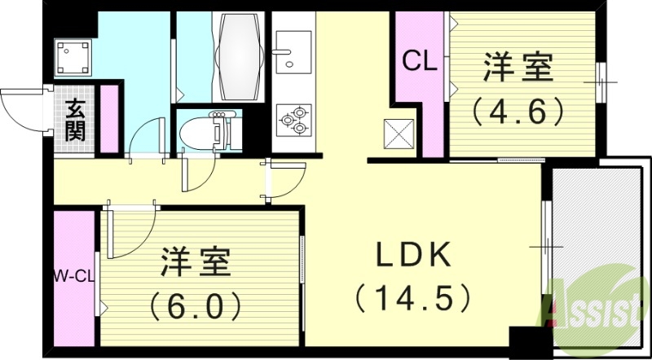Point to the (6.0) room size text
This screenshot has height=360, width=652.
point(196,305)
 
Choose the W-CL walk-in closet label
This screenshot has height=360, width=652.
point(74,277)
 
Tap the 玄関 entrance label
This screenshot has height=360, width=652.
point(76,121)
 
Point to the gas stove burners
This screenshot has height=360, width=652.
point(293,121)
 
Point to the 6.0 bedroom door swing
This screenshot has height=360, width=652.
point(130,232)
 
